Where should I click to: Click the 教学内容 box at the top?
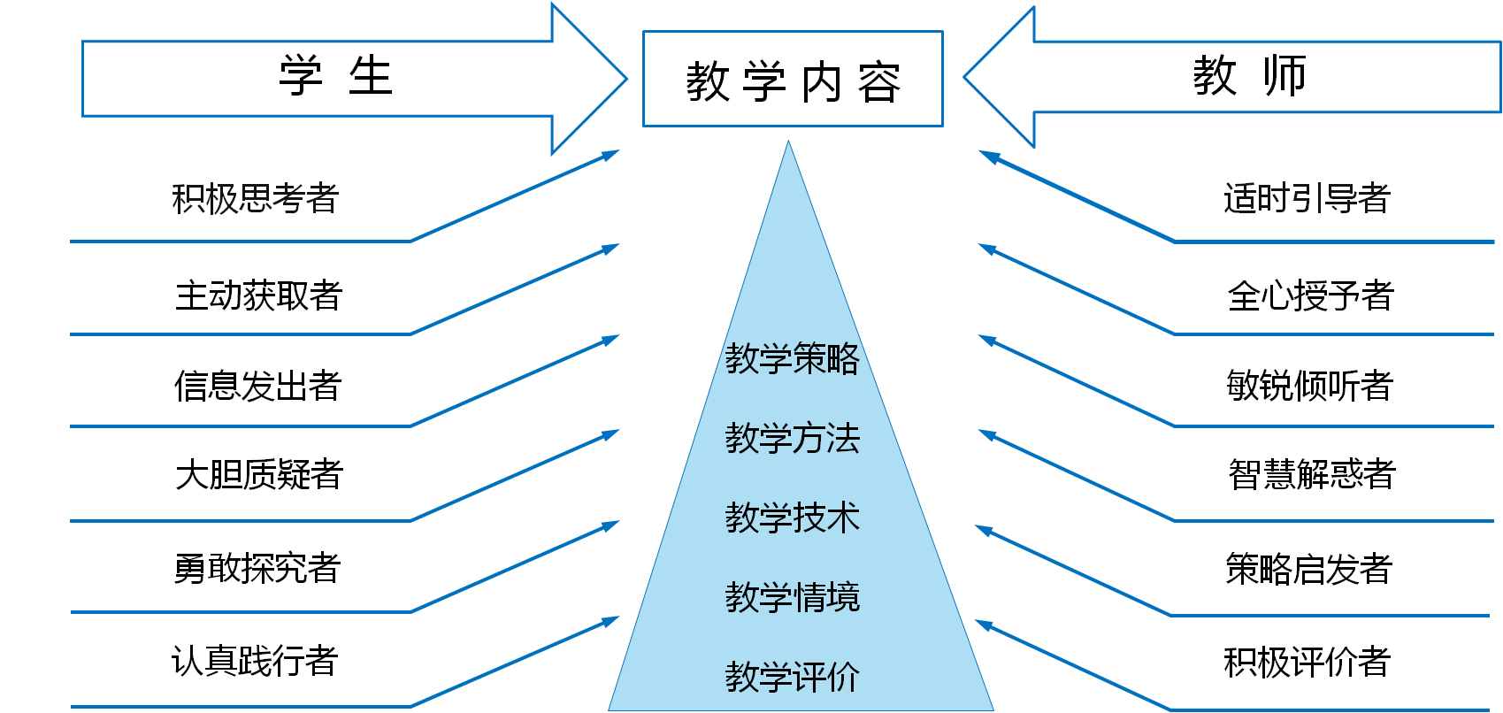coord(793,80)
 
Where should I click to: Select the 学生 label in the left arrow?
coord(335,76)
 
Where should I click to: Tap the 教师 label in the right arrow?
coord(1249,76)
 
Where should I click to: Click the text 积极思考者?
coord(255,199)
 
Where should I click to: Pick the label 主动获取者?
coord(258,295)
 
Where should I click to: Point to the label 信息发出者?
coord(257,387)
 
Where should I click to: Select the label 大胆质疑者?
coord(258,475)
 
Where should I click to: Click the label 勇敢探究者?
coord(257,568)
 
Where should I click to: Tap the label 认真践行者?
coord(255,661)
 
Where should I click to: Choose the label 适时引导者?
coord(1307,199)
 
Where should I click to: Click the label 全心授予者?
coord(1310,295)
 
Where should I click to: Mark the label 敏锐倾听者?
coord(1309,387)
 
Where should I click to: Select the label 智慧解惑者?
coord(1311,475)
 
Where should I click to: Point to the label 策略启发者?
coord(1308,569)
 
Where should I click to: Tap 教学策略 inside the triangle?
coord(792,359)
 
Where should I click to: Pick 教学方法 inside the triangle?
coord(792,439)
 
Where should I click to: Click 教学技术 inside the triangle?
coord(792,518)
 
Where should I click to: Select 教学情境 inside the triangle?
coord(792,598)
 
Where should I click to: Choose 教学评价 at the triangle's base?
coord(792,678)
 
